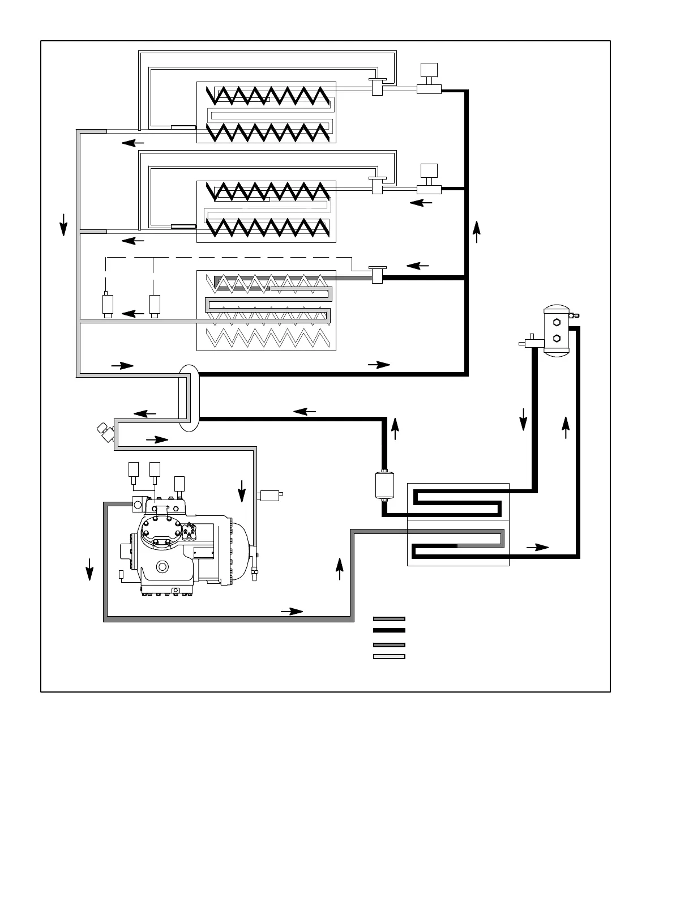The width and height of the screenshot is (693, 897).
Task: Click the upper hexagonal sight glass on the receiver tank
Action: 557,322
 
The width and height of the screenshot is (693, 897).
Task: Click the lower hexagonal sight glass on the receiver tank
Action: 557,339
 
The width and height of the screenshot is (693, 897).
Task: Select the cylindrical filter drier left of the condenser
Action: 384,485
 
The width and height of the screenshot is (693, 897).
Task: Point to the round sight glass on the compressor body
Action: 163,567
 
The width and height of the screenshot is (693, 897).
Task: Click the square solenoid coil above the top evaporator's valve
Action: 429,72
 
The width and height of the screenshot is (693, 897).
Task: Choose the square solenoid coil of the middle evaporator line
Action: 429,171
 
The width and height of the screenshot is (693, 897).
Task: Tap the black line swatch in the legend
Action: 389,630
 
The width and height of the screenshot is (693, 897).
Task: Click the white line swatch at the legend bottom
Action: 389,657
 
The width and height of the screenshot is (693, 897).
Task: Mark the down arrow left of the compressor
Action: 89,568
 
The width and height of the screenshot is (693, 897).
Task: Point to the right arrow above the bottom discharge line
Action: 292,611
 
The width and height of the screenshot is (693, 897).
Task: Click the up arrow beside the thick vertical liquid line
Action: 477,231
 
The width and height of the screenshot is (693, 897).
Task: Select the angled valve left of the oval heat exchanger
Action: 104,432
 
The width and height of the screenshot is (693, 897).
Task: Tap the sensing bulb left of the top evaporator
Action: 183,127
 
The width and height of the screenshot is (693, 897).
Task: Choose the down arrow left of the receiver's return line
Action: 523,419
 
